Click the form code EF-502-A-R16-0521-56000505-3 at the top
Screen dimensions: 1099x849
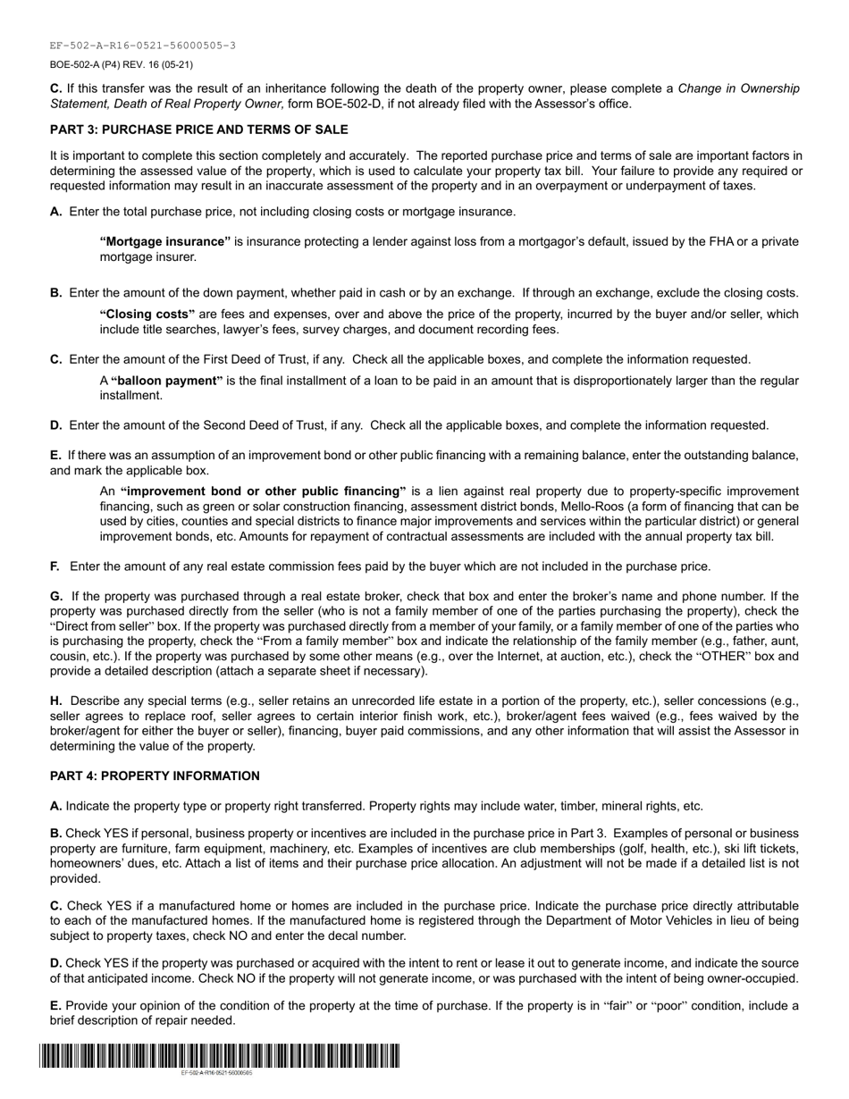click(x=143, y=46)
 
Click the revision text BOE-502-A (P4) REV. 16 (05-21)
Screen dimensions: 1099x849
click(x=122, y=64)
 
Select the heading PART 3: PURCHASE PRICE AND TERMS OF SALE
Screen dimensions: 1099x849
click(x=198, y=129)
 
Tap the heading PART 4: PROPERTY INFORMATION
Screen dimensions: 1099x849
click(x=155, y=776)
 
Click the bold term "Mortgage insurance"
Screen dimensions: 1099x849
click(x=165, y=241)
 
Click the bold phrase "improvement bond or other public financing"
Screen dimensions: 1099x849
click(x=263, y=491)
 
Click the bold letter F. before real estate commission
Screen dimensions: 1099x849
click(x=55, y=566)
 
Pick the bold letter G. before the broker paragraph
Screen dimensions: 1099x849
click(x=56, y=596)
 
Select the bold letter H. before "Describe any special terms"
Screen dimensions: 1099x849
click(x=56, y=701)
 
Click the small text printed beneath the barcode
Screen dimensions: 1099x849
click(x=216, y=1072)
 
